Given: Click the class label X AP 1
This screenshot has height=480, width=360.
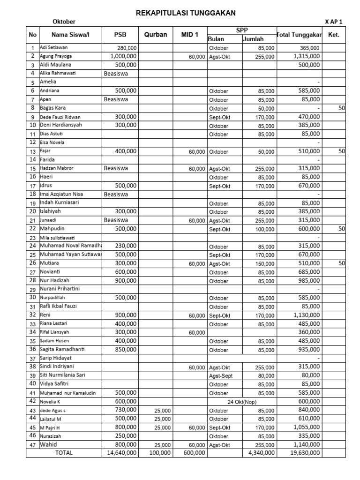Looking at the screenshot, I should coord(333,22).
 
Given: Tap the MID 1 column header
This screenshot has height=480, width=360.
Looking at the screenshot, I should coord(189,35).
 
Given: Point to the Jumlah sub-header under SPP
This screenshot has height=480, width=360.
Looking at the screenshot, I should coord(253,39).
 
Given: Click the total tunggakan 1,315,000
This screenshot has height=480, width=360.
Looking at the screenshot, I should coord(307,56).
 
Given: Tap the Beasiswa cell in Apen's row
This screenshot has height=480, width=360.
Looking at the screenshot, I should coord(115,99).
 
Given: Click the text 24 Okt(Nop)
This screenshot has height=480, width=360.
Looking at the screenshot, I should coord(242,402).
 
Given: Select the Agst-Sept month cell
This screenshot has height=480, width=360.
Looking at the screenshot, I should coord(221,376).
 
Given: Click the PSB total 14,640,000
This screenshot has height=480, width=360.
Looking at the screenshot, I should coord(122,453).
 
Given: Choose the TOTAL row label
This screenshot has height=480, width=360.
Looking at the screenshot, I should coord(64,453).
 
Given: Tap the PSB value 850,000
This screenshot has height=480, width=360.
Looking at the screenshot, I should coord(125,350).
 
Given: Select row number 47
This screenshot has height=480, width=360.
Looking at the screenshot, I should coord(32,445).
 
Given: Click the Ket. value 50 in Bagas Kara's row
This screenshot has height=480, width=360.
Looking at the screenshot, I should coord(341,108).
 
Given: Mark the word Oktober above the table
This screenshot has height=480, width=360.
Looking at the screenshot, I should coord(64,22).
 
